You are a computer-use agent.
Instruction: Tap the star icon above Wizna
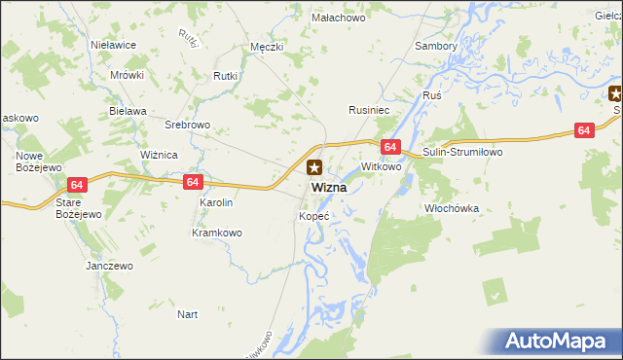tap(314, 167)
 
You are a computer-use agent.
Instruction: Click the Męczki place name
tap(266, 46)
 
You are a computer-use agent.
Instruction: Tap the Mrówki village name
tap(127, 75)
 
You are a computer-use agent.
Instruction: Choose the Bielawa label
tap(128, 111)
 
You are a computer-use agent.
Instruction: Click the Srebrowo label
tap(188, 125)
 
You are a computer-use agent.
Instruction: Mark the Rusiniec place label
tap(370, 111)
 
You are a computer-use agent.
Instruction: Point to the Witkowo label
tap(382, 167)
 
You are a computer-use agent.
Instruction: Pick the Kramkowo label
tap(216, 233)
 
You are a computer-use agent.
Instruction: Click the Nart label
tap(188, 314)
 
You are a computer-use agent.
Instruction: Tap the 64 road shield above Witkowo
tap(389, 147)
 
